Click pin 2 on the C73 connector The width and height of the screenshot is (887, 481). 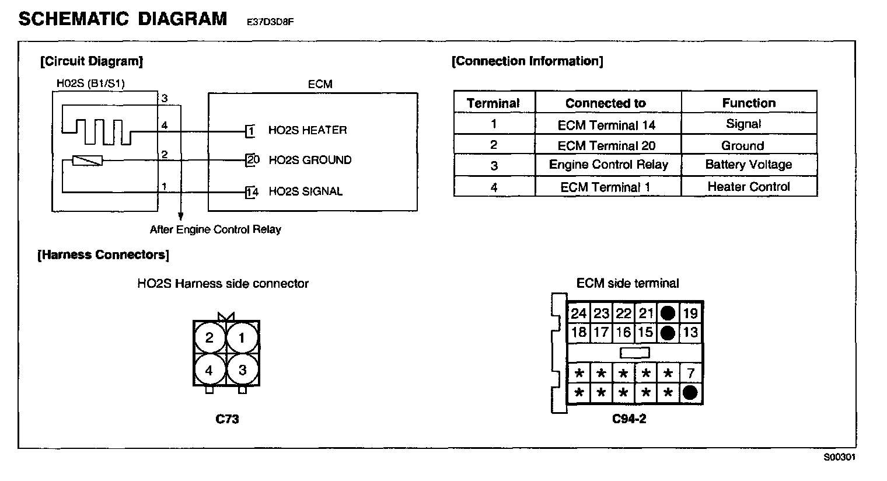pyautogui.click(x=209, y=338)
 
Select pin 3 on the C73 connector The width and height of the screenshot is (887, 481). pyautogui.click(x=242, y=370)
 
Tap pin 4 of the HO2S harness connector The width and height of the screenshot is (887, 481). pyautogui.click(x=209, y=370)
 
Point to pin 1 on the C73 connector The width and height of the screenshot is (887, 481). pyautogui.click(x=242, y=338)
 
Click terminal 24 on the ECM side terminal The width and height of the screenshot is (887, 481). pyautogui.click(x=578, y=313)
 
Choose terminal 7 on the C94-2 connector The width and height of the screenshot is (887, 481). pyautogui.click(x=690, y=373)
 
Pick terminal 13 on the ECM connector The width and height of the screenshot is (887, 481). pyautogui.click(x=690, y=333)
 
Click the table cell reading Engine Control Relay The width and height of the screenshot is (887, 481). pyautogui.click(x=608, y=165)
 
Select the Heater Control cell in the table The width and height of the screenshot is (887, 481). pyautogui.click(x=749, y=187)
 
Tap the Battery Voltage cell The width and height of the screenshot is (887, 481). pyautogui.click(x=749, y=165)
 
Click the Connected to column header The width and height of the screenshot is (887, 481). pyautogui.click(x=606, y=103)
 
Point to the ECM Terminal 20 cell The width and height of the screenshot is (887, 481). pyautogui.click(x=606, y=146)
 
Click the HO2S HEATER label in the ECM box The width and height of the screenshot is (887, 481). pyautogui.click(x=308, y=130)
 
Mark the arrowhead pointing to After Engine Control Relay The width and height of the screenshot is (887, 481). pyautogui.click(x=181, y=217)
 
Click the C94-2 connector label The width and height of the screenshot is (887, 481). pyautogui.click(x=629, y=419)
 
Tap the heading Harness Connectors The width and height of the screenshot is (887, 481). pyautogui.click(x=103, y=255)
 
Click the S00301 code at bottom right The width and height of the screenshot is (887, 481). pyautogui.click(x=839, y=458)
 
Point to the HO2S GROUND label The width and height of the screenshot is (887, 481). pyautogui.click(x=310, y=160)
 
